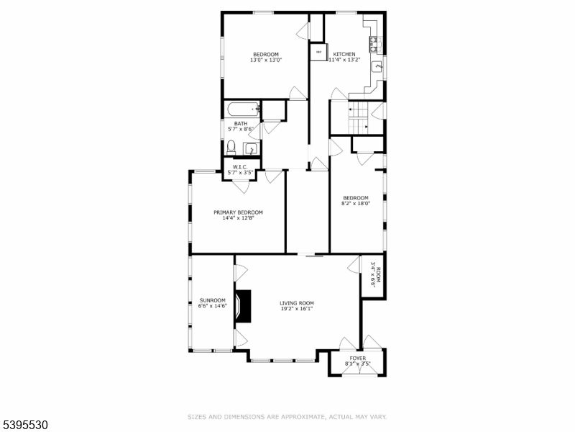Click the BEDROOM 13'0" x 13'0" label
pos(266,57)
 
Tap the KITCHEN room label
pos(343,57)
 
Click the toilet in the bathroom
pos(230,147)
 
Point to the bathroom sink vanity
pos(250,149)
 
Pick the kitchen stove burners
pos(373,45)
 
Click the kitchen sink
pos(377,68)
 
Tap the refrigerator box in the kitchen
pos(318,52)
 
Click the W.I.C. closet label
pos(240,170)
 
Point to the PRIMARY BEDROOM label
pos(238,215)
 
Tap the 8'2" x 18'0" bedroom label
pos(355,201)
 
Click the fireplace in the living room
pos(245,306)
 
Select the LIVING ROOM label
pos(297,306)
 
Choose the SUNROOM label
pos(212,303)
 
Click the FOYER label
pos(357,361)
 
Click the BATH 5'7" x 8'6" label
pos(241,126)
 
